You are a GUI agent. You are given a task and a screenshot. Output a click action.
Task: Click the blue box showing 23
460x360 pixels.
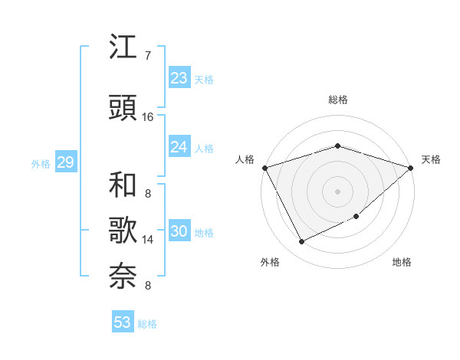tap(179, 78)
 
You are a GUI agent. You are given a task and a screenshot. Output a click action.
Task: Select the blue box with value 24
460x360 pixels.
tap(179, 147)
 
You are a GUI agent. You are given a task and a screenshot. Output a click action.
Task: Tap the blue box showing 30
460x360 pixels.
tap(179, 231)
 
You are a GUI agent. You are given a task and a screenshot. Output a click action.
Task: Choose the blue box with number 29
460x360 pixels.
tap(65, 162)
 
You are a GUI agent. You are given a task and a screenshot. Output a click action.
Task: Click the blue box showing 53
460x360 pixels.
tap(123, 322)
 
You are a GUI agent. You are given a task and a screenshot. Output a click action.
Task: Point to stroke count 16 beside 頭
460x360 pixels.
tap(148, 116)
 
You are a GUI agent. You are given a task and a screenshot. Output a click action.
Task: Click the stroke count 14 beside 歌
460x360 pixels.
tap(148, 240)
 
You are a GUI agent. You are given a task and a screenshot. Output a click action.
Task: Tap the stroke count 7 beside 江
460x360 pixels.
tap(147, 55)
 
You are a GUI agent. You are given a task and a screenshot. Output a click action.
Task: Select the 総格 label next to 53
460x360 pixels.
tap(147, 324)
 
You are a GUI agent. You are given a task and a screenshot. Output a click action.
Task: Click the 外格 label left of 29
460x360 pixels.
tap(41, 163)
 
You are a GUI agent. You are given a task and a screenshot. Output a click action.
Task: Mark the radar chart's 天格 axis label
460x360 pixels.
tap(431, 159)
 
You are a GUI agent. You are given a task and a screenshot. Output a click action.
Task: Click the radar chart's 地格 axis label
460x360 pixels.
tap(402, 262)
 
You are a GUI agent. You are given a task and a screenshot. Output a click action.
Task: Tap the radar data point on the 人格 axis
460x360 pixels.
tap(264, 167)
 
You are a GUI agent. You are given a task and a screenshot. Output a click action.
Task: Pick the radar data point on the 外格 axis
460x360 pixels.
tap(302, 242)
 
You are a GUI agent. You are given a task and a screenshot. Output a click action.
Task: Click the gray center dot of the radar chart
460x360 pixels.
tap(337, 191)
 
